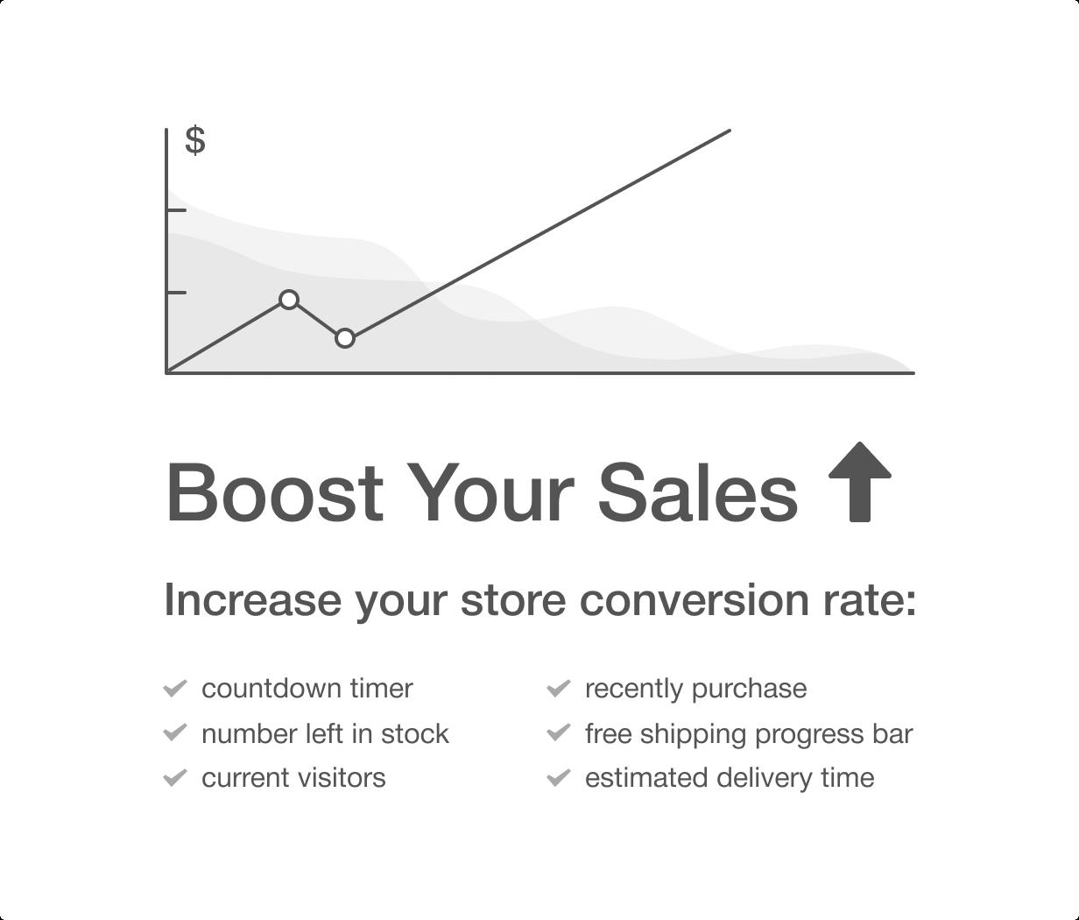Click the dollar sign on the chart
click(195, 140)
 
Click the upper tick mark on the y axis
click(176, 210)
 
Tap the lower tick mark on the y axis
click(176, 293)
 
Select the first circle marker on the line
click(289, 300)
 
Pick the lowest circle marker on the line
click(345, 339)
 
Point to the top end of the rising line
click(730, 131)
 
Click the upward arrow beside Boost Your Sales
click(860, 482)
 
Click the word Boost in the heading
click(275, 492)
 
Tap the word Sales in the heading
click(698, 492)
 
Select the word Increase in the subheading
click(253, 601)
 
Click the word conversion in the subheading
click(695, 601)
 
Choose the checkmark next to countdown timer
click(175, 689)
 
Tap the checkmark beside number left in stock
click(175, 733)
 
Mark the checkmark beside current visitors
click(175, 777)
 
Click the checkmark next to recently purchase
click(559, 689)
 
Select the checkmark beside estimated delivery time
click(559, 777)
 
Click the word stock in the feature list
click(415, 734)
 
